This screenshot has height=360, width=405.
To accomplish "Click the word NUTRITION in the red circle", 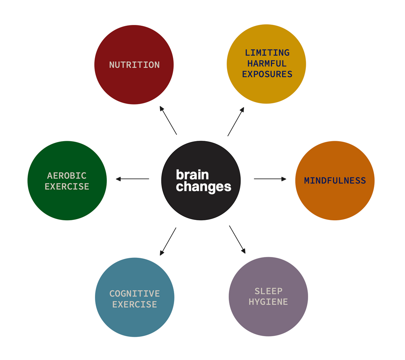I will [x=134, y=65].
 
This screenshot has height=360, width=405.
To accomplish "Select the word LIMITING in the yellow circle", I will [x=267, y=53].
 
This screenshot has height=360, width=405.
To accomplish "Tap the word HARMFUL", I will [x=267, y=63].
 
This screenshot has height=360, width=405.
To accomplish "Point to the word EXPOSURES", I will [x=267, y=74].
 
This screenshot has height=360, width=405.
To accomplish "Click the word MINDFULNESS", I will [x=335, y=181].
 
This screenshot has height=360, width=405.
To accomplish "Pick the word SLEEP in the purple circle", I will [x=268, y=291].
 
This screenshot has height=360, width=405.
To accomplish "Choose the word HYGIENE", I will [x=268, y=302].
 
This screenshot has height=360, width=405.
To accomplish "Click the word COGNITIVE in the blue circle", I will [x=135, y=293].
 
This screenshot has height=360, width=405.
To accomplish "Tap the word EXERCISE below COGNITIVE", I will [x=135, y=304].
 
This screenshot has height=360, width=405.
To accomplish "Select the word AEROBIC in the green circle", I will [x=67, y=176].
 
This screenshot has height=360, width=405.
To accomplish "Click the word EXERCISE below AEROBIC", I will [x=67, y=187].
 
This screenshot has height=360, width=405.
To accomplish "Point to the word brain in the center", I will [x=192, y=175].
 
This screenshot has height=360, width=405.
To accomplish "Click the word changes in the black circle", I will [x=204, y=187].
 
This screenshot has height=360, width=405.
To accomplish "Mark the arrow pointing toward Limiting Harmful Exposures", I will [x=236, y=122].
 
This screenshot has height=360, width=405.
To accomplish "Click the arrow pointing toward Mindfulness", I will [x=270, y=179].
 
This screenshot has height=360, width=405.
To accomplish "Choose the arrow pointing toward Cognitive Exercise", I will [x=168, y=241].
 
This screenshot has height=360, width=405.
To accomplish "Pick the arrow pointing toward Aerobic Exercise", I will [x=132, y=179].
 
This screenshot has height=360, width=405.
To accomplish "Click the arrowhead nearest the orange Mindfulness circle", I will [x=284, y=179].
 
